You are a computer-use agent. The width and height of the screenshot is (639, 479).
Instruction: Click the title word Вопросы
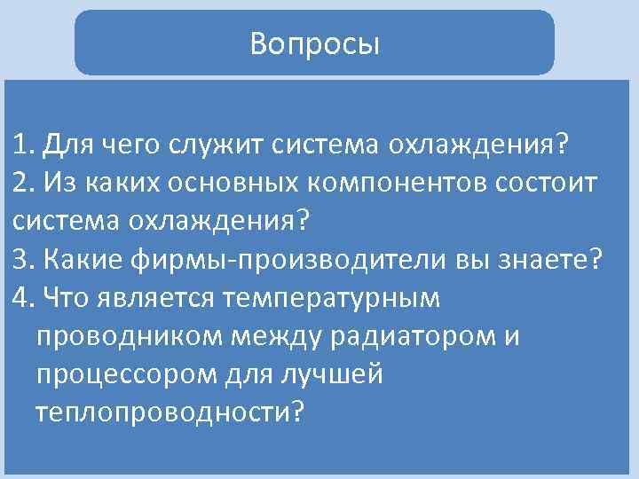[x=314, y=43]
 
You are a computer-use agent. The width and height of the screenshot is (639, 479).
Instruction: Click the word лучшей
[x=333, y=374]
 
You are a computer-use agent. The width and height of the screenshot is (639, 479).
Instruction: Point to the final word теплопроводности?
[x=169, y=412]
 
